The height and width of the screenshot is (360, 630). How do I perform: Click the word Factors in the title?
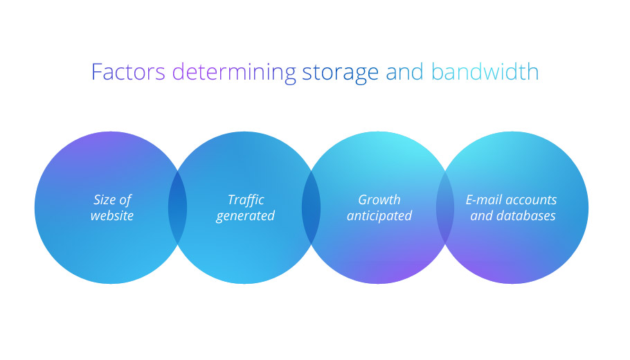128,72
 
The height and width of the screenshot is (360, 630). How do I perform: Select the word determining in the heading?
234,73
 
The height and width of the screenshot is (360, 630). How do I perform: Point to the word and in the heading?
404,72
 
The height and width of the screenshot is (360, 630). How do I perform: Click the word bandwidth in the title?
485,72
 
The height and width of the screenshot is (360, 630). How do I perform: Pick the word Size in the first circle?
104,199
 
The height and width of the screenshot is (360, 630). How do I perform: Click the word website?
112,216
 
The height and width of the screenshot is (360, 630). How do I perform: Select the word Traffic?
246,199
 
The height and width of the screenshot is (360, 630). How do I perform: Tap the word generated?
245,217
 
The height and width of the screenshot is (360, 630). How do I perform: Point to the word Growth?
379,199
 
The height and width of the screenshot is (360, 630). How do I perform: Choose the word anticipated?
379,216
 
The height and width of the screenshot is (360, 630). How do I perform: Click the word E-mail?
484,199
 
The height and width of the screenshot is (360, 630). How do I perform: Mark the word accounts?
531,200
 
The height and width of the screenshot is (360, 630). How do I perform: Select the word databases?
526,216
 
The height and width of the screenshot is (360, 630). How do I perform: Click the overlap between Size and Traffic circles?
178,208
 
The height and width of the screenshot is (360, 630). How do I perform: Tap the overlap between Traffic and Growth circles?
312,208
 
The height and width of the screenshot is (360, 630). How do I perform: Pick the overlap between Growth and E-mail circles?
445,208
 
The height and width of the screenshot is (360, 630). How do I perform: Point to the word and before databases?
482,216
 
